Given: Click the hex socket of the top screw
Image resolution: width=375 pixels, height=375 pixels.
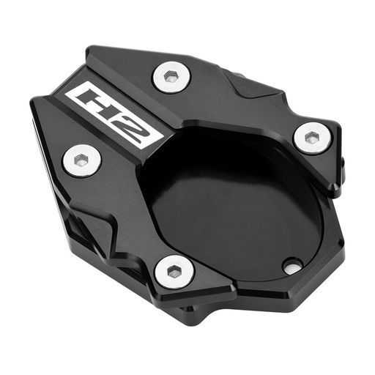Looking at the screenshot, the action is click(170, 76).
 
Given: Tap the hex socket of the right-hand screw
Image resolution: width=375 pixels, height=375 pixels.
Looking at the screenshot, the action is click(311, 138).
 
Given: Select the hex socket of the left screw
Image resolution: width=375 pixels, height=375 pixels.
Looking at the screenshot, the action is click(80, 160).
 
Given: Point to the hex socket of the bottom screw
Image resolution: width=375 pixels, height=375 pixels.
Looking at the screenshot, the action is click(174, 271).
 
